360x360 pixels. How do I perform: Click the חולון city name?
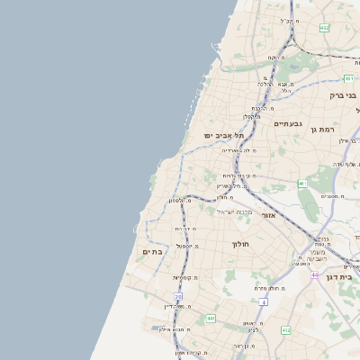coord(239,244)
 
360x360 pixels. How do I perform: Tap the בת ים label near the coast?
coord(151,252)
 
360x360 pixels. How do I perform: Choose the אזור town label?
coord(267,216)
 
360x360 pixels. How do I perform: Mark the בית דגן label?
coord(343,279)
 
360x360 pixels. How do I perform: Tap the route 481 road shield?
coord(348,79)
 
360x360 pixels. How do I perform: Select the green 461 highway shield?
coord(303,184)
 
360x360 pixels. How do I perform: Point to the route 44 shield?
coord(315,274)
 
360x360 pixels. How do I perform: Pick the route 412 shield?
coord(285,331)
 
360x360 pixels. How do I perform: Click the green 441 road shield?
coord(211,318)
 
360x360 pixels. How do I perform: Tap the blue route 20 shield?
coord(178,296)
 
